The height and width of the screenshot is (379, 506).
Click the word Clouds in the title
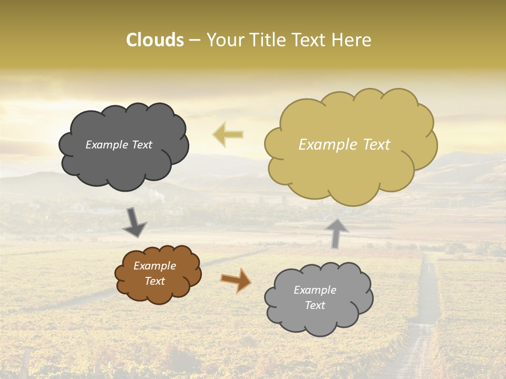tap(155, 40)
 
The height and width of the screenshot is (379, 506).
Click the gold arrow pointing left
tap(228, 134)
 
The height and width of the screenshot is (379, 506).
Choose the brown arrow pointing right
tap(236, 280)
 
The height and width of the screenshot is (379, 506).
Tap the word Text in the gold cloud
tap(376, 145)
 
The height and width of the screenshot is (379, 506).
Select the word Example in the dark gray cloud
tap(107, 145)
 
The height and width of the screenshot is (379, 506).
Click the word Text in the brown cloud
tap(155, 281)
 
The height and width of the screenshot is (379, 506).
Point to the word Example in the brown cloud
tap(155, 266)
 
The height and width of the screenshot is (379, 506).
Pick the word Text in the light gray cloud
tap(315, 305)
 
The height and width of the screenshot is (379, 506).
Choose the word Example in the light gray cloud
tap(315, 290)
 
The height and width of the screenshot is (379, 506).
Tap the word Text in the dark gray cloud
tap(142, 145)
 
